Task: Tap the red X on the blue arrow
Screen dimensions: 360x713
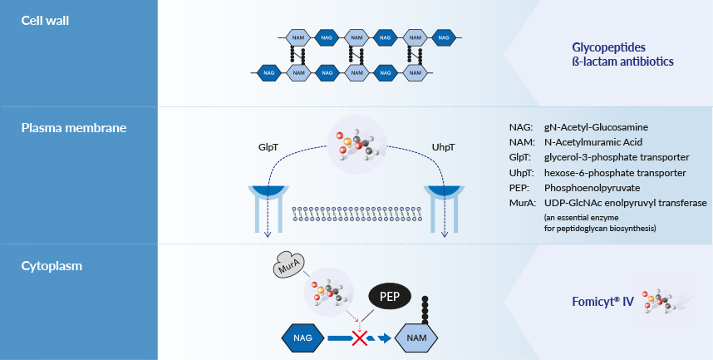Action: coord(360,338)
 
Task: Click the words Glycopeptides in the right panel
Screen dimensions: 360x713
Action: coord(609,47)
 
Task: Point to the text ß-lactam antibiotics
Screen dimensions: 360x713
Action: coord(622,62)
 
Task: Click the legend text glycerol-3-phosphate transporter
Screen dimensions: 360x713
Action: coord(617,158)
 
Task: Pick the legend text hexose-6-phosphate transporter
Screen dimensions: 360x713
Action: coord(614,173)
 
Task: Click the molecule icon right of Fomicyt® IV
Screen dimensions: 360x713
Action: coord(667,301)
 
